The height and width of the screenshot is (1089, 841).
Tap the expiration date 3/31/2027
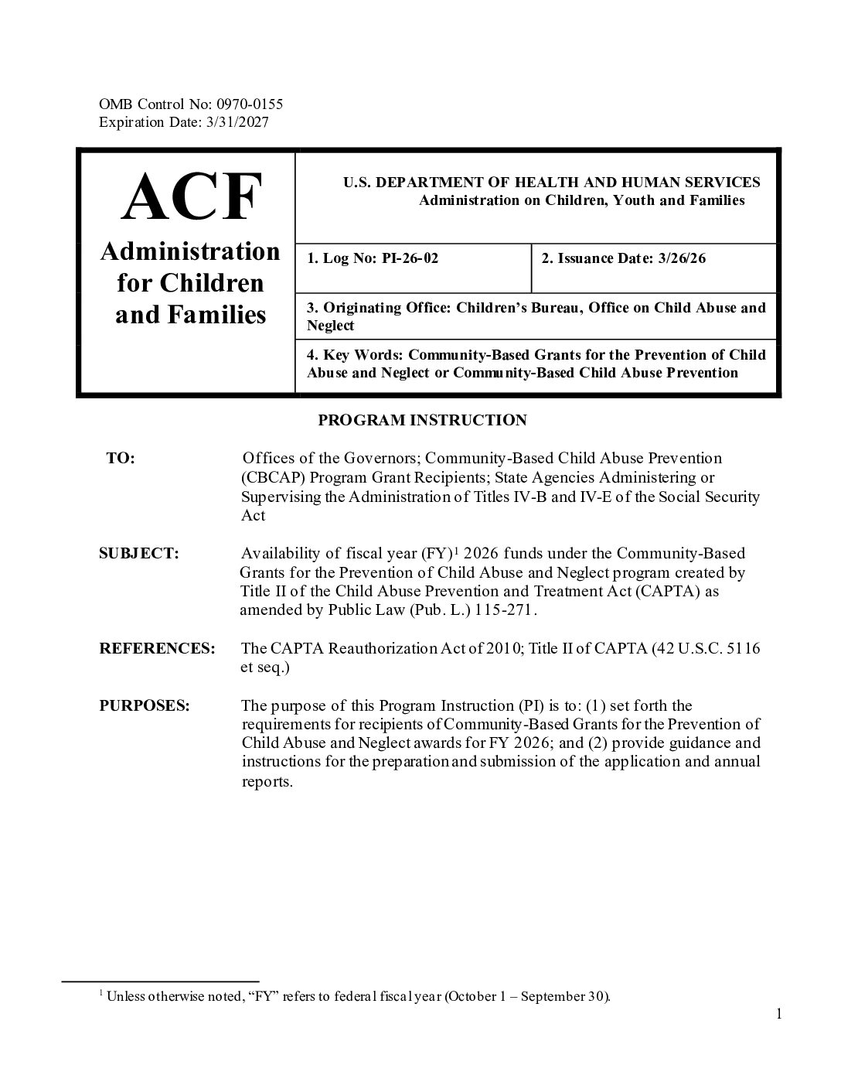[238, 122]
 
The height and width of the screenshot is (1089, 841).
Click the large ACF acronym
[191, 197]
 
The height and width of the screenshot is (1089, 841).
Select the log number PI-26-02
[410, 258]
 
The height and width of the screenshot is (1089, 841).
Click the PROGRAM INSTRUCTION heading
[422, 420]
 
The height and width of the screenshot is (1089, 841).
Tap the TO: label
[121, 459]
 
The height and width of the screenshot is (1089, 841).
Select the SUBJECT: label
[139, 554]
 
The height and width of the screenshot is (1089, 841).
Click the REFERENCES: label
[157, 648]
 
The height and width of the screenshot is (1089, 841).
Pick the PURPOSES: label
[145, 705]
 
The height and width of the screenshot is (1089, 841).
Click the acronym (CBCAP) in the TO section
[271, 477]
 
